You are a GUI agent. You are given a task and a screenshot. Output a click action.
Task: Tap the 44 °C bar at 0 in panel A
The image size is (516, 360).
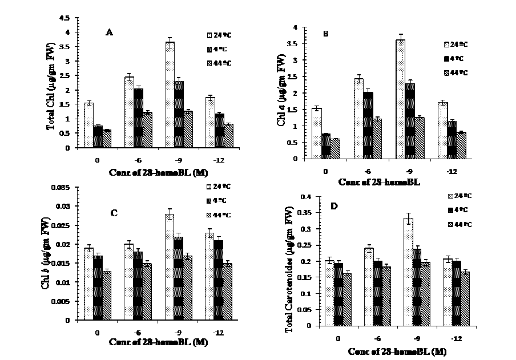[x=106, y=139]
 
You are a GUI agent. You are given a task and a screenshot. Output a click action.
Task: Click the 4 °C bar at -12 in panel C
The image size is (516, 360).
[x=202, y=280]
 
